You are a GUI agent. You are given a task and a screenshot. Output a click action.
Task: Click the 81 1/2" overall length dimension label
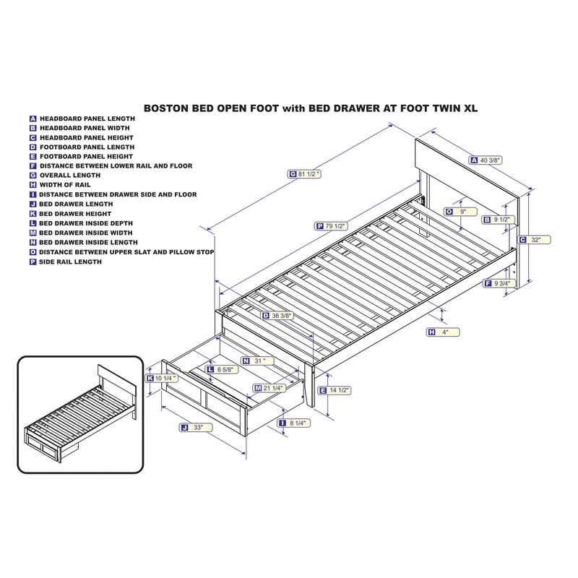(x=304, y=173)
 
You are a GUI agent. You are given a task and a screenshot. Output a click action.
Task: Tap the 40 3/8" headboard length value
(x=486, y=160)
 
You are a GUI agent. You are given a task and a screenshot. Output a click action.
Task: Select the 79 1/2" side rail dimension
(x=332, y=226)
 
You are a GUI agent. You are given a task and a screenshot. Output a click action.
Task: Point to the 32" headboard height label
(x=535, y=240)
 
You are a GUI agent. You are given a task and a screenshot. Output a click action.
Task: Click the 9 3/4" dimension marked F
(x=499, y=283)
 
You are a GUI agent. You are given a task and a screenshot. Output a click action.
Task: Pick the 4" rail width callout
(x=443, y=332)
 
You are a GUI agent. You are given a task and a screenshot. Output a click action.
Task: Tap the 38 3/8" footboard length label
(x=277, y=316)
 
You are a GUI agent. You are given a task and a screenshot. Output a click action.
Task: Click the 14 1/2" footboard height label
(x=335, y=390)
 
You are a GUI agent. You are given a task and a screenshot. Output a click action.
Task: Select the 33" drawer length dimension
(x=196, y=427)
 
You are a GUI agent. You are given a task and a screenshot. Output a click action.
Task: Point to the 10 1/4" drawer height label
(x=163, y=378)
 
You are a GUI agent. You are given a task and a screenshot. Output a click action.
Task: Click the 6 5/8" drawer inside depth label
(x=223, y=369)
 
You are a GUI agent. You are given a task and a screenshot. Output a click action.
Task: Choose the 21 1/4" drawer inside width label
(x=269, y=388)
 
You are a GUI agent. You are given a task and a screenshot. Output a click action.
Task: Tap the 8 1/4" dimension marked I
(x=294, y=423)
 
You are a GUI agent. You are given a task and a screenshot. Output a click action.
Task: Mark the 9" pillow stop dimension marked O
(x=461, y=212)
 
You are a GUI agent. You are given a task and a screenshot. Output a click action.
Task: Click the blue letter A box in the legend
(x=33, y=118)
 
